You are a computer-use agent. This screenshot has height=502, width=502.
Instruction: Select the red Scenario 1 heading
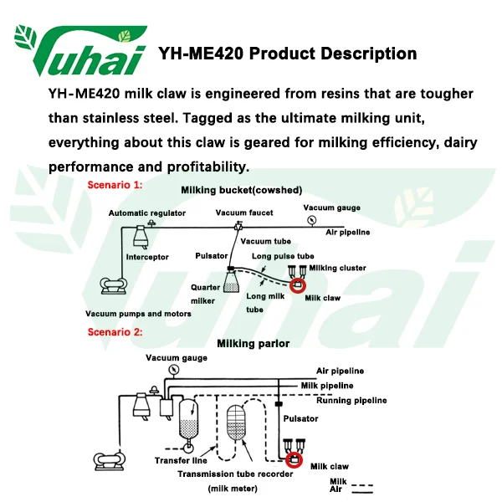point(115,183)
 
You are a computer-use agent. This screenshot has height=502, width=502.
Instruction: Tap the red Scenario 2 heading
point(115,332)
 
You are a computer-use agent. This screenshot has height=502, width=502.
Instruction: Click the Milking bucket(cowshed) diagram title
point(242,190)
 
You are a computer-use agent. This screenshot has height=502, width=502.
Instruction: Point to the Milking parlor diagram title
point(253,343)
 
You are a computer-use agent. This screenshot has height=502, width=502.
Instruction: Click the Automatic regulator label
point(147,213)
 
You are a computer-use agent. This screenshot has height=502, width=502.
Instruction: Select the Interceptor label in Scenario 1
point(147,257)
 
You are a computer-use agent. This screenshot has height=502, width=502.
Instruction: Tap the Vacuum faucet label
point(244,213)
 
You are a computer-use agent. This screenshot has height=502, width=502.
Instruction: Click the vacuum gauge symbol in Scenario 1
point(310,220)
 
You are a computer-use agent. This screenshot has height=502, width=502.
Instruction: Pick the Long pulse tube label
point(283,256)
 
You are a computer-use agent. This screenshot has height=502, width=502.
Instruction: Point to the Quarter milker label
point(205,294)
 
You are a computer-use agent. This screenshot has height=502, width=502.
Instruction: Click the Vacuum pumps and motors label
point(138,314)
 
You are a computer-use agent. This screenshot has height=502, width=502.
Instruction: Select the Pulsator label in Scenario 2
point(301,418)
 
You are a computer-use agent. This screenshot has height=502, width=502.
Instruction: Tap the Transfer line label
point(181,460)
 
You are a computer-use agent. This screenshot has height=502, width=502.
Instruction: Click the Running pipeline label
point(351,401)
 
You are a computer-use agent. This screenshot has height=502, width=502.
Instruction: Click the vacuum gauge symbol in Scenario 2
point(173,369)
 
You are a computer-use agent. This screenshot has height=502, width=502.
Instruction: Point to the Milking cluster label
point(337,268)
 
